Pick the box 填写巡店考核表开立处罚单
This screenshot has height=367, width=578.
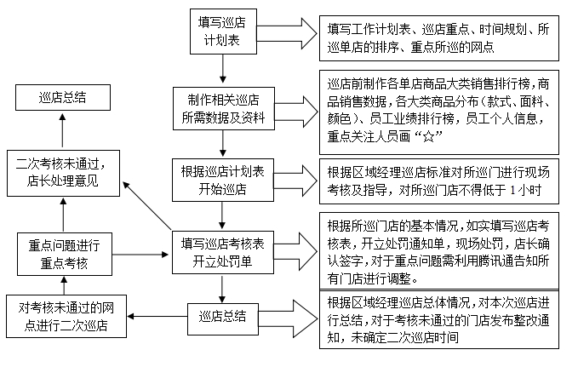pyautogui.click(x=221, y=251)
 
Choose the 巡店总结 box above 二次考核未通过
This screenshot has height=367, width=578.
pyautogui.click(x=62, y=99)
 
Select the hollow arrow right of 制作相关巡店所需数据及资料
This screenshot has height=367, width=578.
pyautogui.click(x=295, y=109)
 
